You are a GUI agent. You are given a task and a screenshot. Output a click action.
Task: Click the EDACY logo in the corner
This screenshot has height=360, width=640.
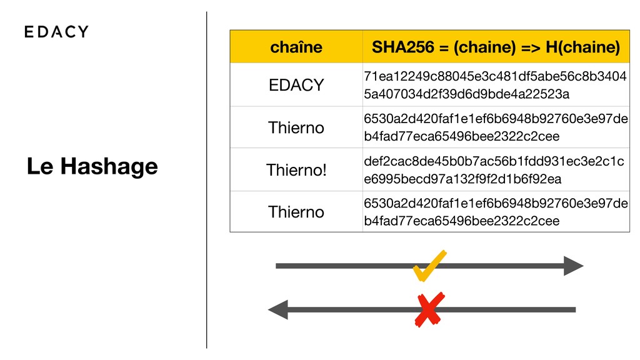click(x=56, y=32)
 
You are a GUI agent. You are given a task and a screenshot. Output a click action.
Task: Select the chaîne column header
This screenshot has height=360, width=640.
click(x=296, y=47)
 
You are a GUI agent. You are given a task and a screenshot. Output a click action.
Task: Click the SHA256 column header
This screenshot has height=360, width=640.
click(x=496, y=47)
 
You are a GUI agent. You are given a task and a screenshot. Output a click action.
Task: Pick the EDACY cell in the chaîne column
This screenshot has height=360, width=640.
click(x=296, y=85)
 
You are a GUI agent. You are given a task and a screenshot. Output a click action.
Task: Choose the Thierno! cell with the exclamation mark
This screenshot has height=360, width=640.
click(x=296, y=170)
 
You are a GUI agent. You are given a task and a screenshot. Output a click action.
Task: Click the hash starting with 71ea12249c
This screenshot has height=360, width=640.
click(x=496, y=77)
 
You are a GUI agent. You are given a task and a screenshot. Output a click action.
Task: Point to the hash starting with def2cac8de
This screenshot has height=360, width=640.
click(x=494, y=162)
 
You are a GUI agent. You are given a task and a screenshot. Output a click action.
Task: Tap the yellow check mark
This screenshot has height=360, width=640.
click(x=429, y=265)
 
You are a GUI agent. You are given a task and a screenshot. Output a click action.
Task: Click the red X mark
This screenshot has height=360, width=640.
click(x=429, y=309)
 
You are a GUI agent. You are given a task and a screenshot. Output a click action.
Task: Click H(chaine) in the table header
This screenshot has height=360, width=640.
click(x=582, y=47)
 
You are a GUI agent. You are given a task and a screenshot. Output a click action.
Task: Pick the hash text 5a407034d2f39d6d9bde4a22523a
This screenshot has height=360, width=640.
click(x=466, y=94)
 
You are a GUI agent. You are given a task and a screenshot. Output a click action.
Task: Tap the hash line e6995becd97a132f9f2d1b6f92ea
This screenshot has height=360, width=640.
click(x=462, y=179)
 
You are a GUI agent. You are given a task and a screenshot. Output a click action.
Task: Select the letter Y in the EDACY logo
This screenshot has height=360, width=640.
click(x=82, y=32)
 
